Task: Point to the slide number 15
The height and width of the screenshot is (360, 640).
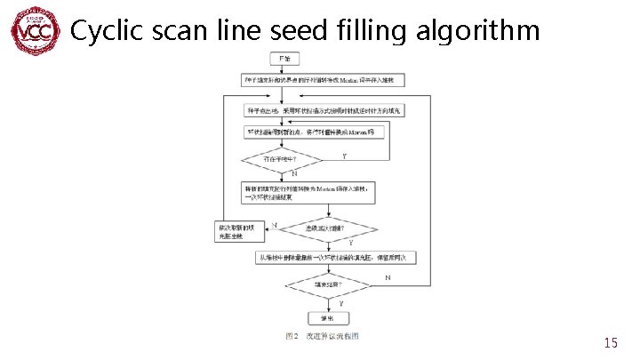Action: click(610, 342)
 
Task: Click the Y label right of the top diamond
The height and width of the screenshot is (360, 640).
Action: click(344, 155)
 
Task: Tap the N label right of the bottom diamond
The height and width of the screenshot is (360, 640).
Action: click(388, 278)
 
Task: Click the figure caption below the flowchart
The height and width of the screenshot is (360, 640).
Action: click(322, 336)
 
